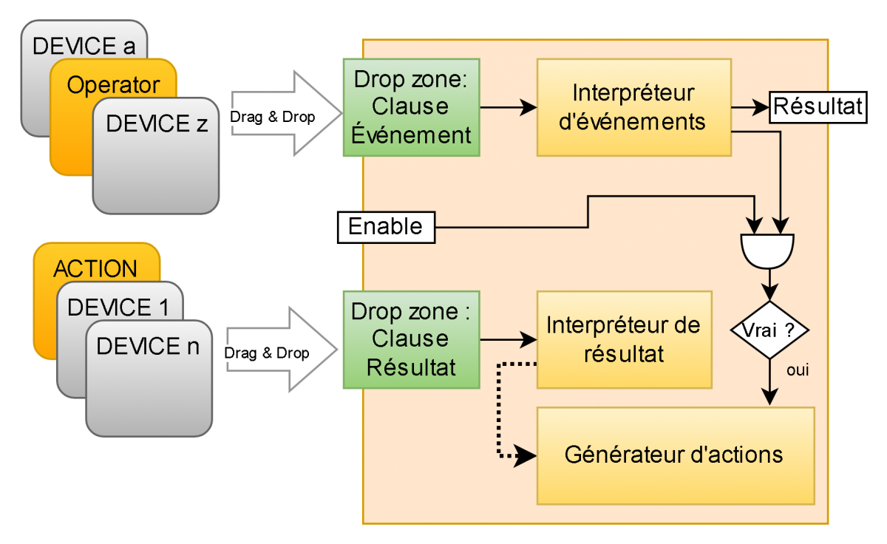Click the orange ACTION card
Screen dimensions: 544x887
[95, 268]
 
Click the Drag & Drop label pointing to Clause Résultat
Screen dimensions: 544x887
[268, 353]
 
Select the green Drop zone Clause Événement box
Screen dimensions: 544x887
[411, 107]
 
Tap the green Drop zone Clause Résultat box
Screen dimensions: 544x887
[411, 339]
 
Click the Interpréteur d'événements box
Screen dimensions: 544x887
[633, 107]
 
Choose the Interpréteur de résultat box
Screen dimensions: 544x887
[623, 339]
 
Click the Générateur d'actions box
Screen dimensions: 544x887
[674, 455]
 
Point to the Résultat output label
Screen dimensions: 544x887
[818, 106]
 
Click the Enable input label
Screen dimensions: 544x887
[386, 226]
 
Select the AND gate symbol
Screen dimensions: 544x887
[767, 250]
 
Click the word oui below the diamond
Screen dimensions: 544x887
[798, 371]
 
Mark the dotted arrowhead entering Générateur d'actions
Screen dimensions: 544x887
[526, 455]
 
